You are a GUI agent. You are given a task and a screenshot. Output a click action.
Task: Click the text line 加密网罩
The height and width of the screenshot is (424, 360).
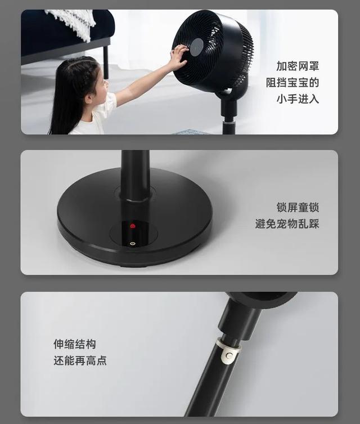pyautogui.click(x=298, y=66)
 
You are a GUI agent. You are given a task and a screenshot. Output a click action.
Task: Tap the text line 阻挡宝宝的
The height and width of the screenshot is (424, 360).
pyautogui.click(x=292, y=82)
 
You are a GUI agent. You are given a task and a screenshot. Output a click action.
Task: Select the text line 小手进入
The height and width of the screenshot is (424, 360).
pyautogui.click(x=298, y=99)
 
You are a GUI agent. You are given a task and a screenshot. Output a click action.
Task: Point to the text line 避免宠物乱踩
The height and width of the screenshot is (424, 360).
pyautogui.click(x=287, y=224)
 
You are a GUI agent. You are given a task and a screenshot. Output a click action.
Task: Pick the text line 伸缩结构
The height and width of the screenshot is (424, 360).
pyautogui.click(x=75, y=343)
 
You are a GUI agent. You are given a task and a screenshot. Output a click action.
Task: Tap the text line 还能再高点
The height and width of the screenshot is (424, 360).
pyautogui.click(x=80, y=360)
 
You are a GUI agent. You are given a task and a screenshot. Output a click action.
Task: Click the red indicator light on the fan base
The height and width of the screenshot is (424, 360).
pyautogui.click(x=133, y=226)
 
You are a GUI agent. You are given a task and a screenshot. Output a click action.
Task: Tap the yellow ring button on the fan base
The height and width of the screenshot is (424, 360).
pyautogui.click(x=133, y=244)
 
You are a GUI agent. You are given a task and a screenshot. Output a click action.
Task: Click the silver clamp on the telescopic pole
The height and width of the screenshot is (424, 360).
pyautogui.click(x=227, y=351)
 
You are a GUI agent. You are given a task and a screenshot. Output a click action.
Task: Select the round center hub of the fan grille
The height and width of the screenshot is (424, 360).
pyautogui.click(x=196, y=47)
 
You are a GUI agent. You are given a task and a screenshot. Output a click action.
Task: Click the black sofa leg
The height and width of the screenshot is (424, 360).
pyautogui.click(x=106, y=61)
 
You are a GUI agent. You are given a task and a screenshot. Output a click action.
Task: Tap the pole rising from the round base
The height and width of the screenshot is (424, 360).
pyautogui.click(x=136, y=175)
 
